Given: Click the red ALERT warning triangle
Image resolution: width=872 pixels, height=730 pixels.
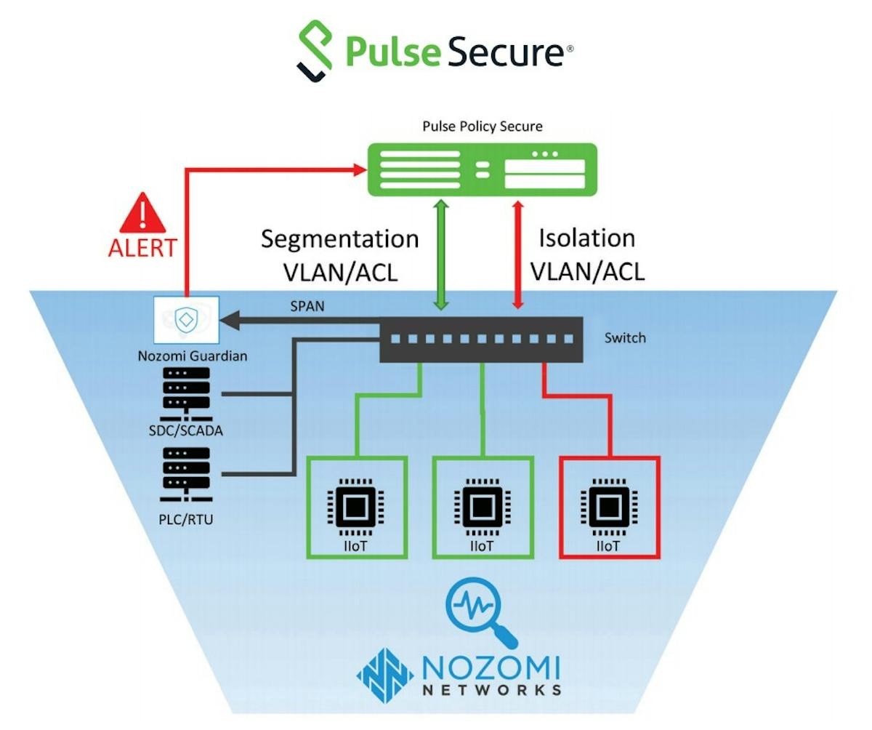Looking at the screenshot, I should pos(143,212).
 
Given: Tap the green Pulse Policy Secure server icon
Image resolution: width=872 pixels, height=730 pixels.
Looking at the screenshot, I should pos(481,169).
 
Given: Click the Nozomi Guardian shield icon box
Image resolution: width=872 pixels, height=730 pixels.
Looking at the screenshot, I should pos(186,321).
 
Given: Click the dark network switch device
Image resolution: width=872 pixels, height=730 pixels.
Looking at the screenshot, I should pos(481,340).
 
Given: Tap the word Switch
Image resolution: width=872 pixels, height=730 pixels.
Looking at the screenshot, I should pos(625,338).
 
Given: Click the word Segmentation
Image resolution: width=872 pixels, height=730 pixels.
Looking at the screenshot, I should pos(339,238).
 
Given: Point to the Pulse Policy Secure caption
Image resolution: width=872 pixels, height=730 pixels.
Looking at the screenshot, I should pos(483,127).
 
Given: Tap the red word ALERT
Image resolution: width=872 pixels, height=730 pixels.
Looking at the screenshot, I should pos(142,247).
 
